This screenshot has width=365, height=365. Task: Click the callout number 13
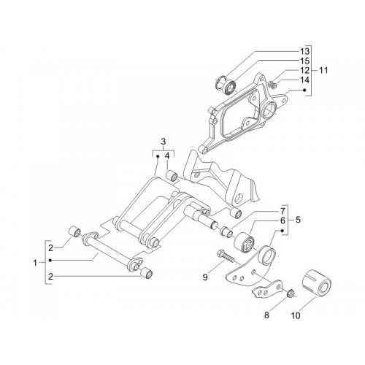click(304, 51)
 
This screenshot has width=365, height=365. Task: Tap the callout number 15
click(304, 61)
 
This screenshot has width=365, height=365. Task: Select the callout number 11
click(323, 70)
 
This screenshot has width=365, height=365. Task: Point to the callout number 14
click(304, 80)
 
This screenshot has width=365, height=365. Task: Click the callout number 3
click(164, 141)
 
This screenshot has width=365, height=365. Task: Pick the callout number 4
click(167, 156)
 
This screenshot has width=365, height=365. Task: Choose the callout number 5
click(298, 220)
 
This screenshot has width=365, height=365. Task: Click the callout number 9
click(205, 277)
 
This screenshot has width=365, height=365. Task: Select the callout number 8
click(266, 315)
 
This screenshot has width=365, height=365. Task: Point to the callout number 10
click(296, 315)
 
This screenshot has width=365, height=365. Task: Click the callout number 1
click(35, 263)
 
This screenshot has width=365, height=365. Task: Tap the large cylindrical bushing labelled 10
click(316, 283)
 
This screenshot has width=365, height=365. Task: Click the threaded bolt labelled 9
click(226, 257)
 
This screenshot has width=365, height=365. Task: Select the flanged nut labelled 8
click(291, 293)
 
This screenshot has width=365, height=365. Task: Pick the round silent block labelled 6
click(245, 243)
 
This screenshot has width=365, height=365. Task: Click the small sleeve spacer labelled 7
click(226, 231)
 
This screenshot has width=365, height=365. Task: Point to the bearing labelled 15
click(230, 85)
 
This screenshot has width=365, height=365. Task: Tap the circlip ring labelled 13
click(221, 82)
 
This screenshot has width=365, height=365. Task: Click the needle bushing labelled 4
click(172, 176)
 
